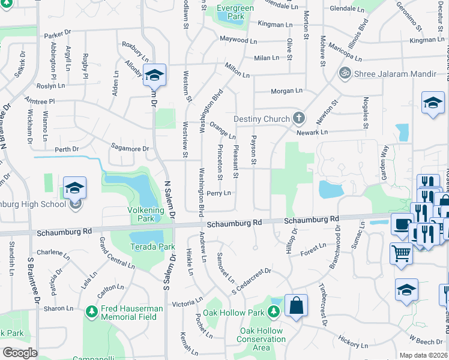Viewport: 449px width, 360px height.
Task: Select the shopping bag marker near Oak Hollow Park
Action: tap(297, 306)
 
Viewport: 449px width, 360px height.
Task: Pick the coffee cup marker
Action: tap(401, 224)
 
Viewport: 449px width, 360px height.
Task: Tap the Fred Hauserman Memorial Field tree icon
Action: tap(91, 311)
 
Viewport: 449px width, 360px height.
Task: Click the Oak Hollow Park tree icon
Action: tap(274, 312)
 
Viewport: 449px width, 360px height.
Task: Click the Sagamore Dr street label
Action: tap(130, 148)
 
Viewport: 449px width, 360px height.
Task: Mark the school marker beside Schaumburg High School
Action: tap(75, 187)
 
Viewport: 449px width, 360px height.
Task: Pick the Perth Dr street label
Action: tap(67, 149)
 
